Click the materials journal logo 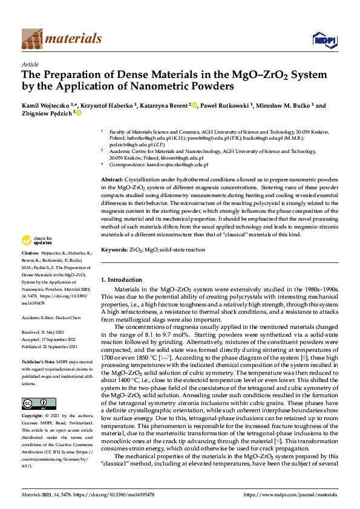pyautogui.click(x=62, y=39)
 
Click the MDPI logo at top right pyautogui.click(x=324, y=39)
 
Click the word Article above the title pyautogui.click(x=30, y=63)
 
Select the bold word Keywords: pyautogui.click(x=114, y=249)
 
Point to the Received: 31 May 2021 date pyautogui.click(x=42, y=332)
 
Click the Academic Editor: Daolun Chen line pyautogui.click(x=53, y=317)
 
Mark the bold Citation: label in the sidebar pyautogui.click(x=30, y=269)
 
